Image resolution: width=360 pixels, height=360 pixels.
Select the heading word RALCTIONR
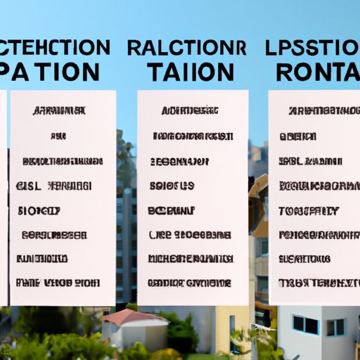coord(188,48)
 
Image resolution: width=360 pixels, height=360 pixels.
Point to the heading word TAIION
coord(191,72)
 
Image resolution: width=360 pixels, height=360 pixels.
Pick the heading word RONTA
coord(316,72)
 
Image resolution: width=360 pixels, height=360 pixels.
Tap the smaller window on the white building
coord(336,327)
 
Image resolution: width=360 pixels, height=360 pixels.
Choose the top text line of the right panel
coord(320,111)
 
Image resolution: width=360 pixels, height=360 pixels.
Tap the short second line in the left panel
coord(59,136)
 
